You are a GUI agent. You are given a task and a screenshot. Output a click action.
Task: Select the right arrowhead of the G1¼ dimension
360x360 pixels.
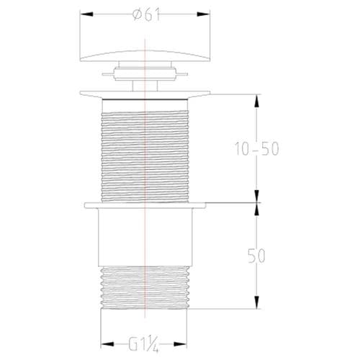(189, 344)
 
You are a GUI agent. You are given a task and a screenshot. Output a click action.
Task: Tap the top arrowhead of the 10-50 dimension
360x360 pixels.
(256, 98)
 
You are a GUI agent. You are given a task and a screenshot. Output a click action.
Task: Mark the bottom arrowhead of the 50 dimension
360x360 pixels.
(256, 304)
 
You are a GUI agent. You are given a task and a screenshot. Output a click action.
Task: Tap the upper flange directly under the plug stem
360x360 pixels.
(146, 93)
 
